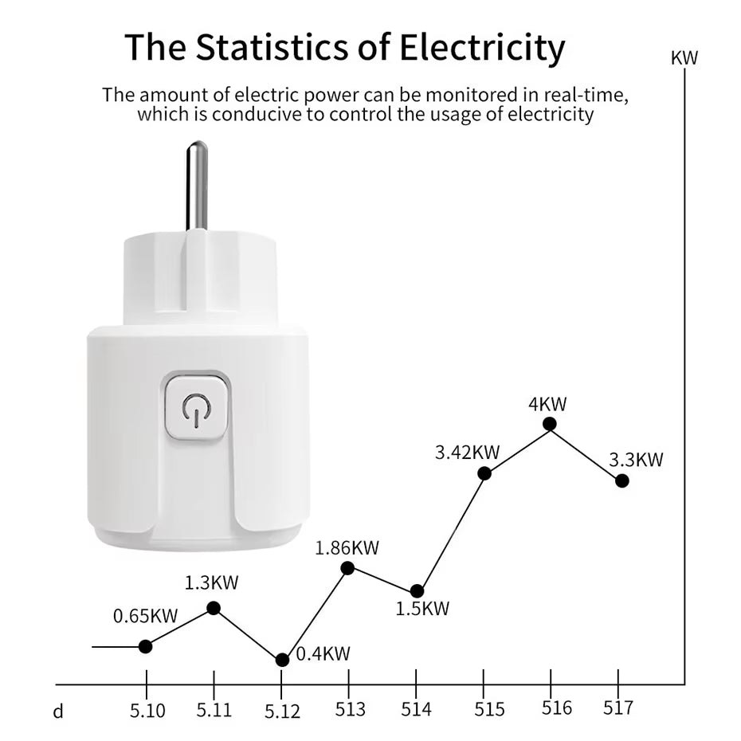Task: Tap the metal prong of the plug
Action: point(196,185)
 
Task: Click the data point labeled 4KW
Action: point(549,424)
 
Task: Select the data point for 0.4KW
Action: point(282,660)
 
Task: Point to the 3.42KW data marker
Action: point(484,473)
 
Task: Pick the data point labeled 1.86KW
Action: point(347,568)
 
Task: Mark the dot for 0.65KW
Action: point(146,646)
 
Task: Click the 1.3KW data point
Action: point(214,608)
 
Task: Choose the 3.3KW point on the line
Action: point(622,480)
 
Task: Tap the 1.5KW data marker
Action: point(417,591)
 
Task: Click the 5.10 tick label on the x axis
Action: point(147,710)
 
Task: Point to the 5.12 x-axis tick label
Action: point(282,711)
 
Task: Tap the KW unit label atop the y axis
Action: point(684,58)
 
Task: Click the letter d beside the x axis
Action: point(58,711)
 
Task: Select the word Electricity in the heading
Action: point(481,47)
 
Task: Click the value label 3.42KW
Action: point(467,453)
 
